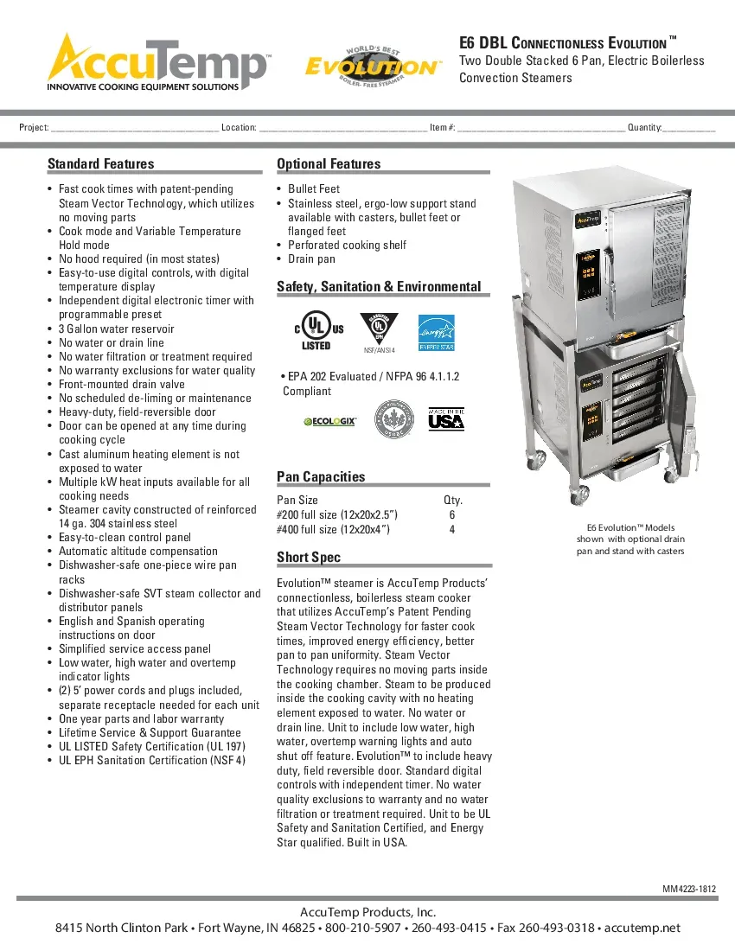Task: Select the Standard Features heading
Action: coord(100,164)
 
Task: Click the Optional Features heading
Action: coord(329,164)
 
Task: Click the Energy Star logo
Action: coord(436,332)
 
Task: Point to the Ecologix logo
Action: coord(329,421)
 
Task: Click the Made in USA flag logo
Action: coord(446,418)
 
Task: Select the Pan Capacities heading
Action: coord(321,477)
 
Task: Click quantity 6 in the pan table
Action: coord(452,514)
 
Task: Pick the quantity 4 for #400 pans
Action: coord(452,529)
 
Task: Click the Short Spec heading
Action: coord(309,558)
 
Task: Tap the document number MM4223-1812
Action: coord(689,890)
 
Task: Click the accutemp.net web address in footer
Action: coord(642,928)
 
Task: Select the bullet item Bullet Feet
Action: coord(314,188)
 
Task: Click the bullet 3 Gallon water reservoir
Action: coord(116,329)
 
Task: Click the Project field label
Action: coord(34,128)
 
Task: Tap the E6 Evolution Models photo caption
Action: coord(630,539)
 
